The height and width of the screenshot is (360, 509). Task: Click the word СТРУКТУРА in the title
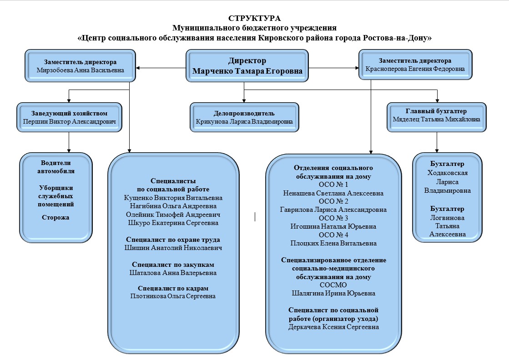[x=254, y=18]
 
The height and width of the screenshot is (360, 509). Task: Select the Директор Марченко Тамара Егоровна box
[x=247, y=65]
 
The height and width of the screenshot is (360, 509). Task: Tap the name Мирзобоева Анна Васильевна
[x=80, y=70]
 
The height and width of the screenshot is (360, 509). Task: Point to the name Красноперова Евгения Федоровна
[x=415, y=69]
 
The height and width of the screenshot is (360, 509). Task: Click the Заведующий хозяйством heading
[x=69, y=113]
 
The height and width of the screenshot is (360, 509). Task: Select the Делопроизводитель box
[x=244, y=117]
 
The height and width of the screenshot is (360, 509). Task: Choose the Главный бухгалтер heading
[x=436, y=111]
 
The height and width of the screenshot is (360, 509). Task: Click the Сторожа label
[x=55, y=217]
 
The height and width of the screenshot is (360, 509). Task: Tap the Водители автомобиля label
[x=56, y=167]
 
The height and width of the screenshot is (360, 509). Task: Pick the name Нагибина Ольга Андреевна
[x=173, y=206]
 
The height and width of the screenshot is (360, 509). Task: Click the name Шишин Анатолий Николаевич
[x=173, y=248]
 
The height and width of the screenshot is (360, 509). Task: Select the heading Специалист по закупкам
[x=173, y=265]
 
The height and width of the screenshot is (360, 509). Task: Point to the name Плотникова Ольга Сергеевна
[x=173, y=296]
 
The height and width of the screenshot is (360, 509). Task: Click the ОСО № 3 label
[x=333, y=218]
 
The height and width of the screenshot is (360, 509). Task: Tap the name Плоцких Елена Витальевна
[x=333, y=243]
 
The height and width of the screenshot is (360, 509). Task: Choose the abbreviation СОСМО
[x=333, y=285]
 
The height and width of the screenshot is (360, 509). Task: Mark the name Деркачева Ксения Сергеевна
[x=333, y=327]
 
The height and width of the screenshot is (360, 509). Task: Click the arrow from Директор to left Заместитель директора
[x=161, y=68]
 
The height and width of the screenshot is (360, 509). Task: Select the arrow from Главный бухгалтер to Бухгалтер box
[x=437, y=142]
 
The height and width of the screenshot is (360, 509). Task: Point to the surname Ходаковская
[x=447, y=173]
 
